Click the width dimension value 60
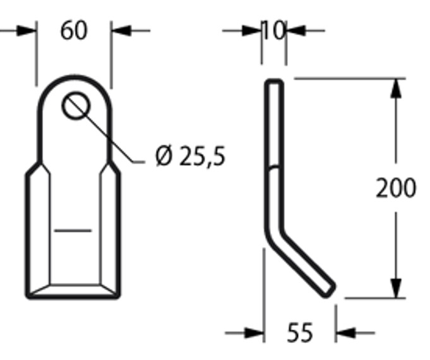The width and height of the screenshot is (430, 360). click(x=74, y=30)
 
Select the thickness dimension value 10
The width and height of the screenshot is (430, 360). click(x=273, y=30)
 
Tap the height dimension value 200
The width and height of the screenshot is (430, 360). click(x=396, y=188)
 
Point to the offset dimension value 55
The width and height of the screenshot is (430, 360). click(x=299, y=332)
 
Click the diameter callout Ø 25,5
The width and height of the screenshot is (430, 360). click(x=189, y=156)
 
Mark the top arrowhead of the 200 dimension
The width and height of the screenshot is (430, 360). click(x=396, y=88)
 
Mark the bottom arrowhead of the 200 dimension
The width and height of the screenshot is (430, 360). click(x=396, y=288)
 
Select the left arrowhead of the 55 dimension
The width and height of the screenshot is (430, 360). click(x=254, y=332)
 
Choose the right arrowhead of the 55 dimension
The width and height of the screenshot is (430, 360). click(x=345, y=332)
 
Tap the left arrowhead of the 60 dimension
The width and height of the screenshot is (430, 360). click(x=27, y=30)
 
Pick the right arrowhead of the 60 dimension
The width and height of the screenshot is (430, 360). click(x=121, y=30)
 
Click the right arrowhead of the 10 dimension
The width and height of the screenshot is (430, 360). click(x=295, y=30)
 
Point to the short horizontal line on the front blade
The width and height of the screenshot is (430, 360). click(x=73, y=231)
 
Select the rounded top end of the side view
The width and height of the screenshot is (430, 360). click(x=273, y=83)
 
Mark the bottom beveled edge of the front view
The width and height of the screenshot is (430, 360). click(x=73, y=290)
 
